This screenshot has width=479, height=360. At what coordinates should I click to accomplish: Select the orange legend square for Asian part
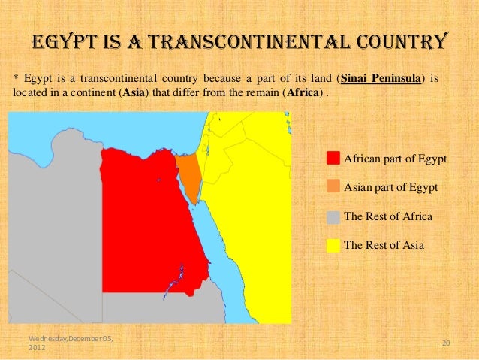[334, 187]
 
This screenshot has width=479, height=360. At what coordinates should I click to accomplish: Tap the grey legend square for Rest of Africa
[334, 216]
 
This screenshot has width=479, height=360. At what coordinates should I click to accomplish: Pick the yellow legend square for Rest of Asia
[334, 245]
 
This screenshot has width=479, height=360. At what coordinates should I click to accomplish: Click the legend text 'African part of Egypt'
[395, 159]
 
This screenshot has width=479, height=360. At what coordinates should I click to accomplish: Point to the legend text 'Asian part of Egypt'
[390, 187]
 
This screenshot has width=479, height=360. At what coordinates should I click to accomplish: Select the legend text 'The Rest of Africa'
[387, 216]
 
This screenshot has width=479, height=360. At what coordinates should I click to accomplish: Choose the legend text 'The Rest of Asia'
[384, 245]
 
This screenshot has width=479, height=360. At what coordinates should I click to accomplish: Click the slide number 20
[444, 343]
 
